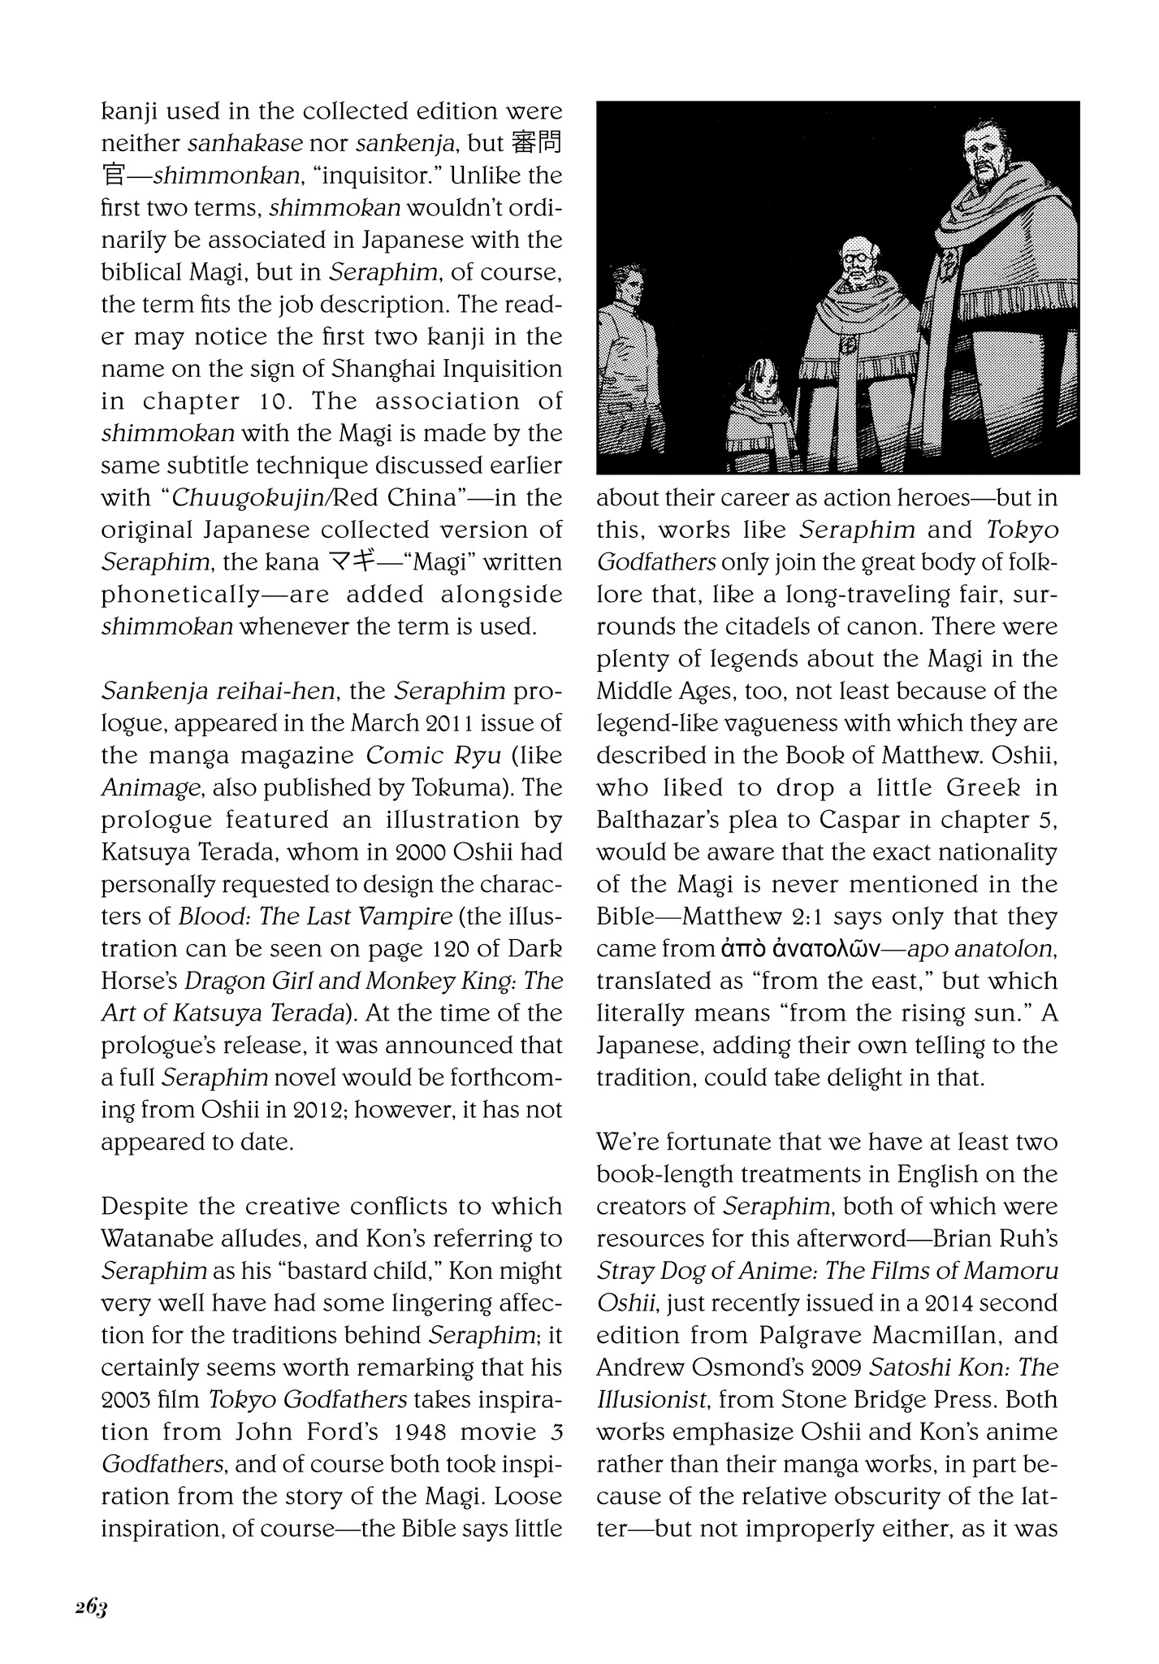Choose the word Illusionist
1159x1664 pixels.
(655, 1399)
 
